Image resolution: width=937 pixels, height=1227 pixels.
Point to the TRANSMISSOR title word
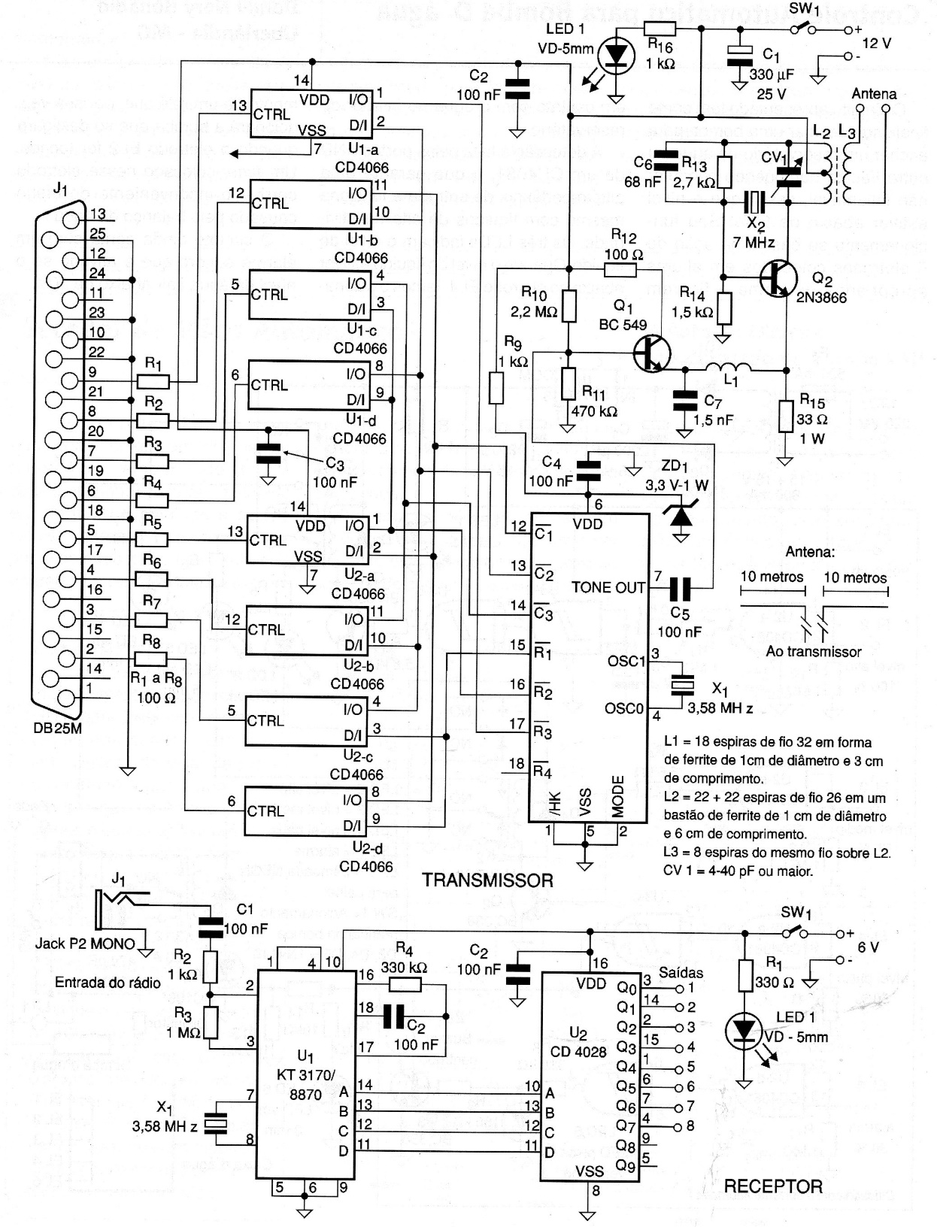click(x=487, y=880)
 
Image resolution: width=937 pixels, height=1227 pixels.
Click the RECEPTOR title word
click(x=773, y=1186)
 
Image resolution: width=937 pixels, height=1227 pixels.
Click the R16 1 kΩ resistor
click(x=660, y=29)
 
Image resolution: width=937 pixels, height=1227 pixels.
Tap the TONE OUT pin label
click(x=608, y=587)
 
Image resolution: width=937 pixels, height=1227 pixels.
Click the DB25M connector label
click(x=59, y=728)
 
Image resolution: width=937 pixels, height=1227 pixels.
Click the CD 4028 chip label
click(x=578, y=1053)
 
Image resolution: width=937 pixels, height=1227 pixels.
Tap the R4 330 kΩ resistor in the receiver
click(x=405, y=986)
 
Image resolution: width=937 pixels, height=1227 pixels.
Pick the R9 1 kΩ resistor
click(x=496, y=389)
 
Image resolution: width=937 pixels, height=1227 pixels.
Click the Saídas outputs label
click(x=681, y=972)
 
